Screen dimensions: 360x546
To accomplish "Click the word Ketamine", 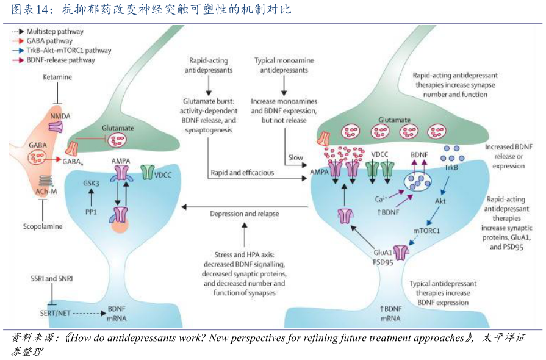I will [57, 77].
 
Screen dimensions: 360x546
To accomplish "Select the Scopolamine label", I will [41, 226].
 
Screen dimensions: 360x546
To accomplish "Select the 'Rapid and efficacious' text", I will [242, 173].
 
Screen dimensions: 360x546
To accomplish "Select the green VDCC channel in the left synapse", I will [148, 172].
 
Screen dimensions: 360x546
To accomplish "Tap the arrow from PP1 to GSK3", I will [91, 197].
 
